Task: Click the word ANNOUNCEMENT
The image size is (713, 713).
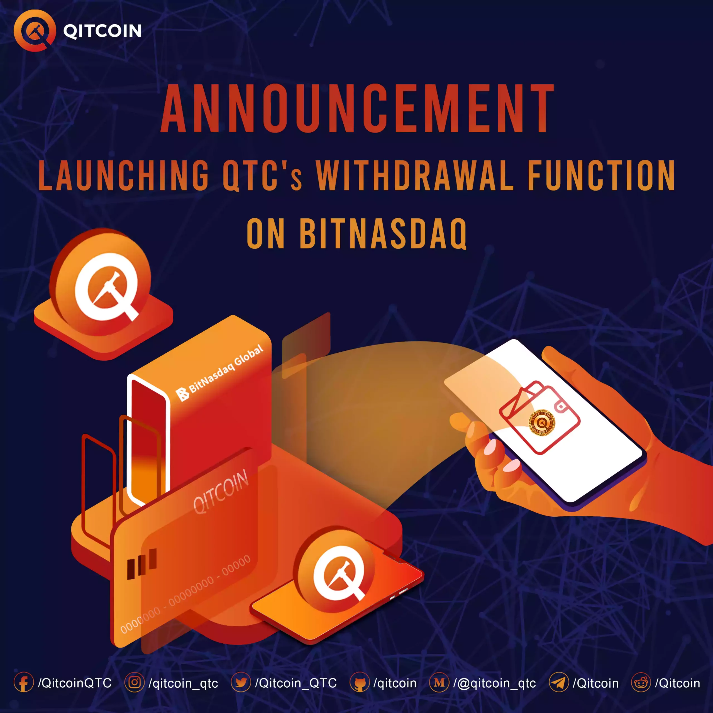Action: (357, 109)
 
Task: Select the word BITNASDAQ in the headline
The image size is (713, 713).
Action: (384, 233)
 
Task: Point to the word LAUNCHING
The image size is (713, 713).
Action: (124, 176)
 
